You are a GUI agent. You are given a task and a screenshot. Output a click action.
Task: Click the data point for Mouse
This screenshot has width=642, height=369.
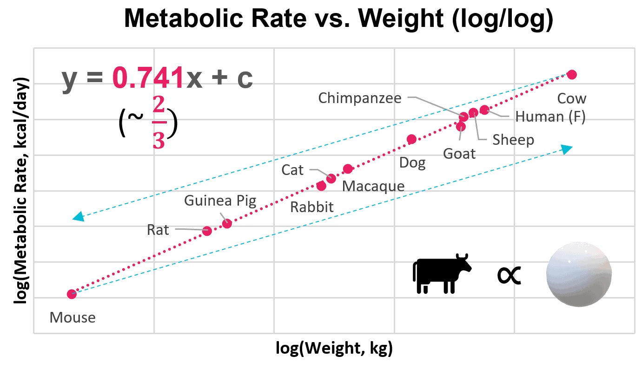click(x=72, y=294)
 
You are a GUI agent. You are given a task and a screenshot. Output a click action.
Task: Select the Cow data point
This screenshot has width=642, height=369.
click(x=572, y=75)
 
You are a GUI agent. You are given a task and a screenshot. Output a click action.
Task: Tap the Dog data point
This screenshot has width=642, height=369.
click(x=411, y=139)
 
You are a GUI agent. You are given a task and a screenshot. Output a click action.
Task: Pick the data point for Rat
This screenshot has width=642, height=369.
click(x=207, y=231)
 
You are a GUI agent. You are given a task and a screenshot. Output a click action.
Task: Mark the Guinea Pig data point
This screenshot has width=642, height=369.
click(x=227, y=224)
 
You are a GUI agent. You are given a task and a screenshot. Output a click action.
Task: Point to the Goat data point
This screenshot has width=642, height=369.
click(x=461, y=126)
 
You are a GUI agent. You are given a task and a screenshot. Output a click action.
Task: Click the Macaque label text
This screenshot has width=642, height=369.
click(x=373, y=186)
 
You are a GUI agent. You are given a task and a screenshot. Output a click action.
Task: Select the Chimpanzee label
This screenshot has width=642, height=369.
click(x=359, y=98)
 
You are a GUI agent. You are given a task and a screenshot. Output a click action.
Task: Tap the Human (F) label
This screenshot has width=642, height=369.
click(x=550, y=117)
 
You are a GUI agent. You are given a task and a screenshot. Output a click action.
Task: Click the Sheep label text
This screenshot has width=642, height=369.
click(x=513, y=139)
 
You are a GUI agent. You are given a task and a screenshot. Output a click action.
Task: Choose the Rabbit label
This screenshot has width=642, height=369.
click(x=311, y=207)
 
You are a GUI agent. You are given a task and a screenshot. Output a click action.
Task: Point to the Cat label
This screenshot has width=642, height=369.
click(x=292, y=170)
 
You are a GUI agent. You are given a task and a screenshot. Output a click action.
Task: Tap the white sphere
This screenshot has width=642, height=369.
click(x=578, y=274)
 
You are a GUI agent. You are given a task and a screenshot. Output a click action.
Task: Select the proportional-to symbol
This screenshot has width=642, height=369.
click(x=509, y=275)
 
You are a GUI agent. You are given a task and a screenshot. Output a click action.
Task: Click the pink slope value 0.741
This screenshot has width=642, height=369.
click(x=148, y=79)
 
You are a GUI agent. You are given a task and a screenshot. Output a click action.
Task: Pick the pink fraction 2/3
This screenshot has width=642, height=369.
click(x=159, y=124)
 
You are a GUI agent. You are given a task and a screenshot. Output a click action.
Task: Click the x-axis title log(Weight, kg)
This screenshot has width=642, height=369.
click(x=334, y=348)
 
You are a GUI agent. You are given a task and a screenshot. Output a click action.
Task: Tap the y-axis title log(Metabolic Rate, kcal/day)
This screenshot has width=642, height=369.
click(x=20, y=191)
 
